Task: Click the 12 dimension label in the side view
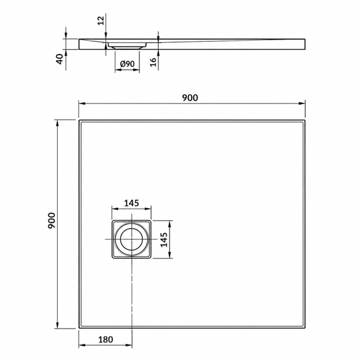coord(101,21)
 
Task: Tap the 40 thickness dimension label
coord(60,59)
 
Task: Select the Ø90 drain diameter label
coord(127,64)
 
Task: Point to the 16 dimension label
coord(153,62)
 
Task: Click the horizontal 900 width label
coord(190,98)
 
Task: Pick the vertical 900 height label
coord(51,221)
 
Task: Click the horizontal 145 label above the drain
coord(132,203)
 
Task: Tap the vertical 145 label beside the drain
coord(164,240)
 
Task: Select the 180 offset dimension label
coord(105,339)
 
